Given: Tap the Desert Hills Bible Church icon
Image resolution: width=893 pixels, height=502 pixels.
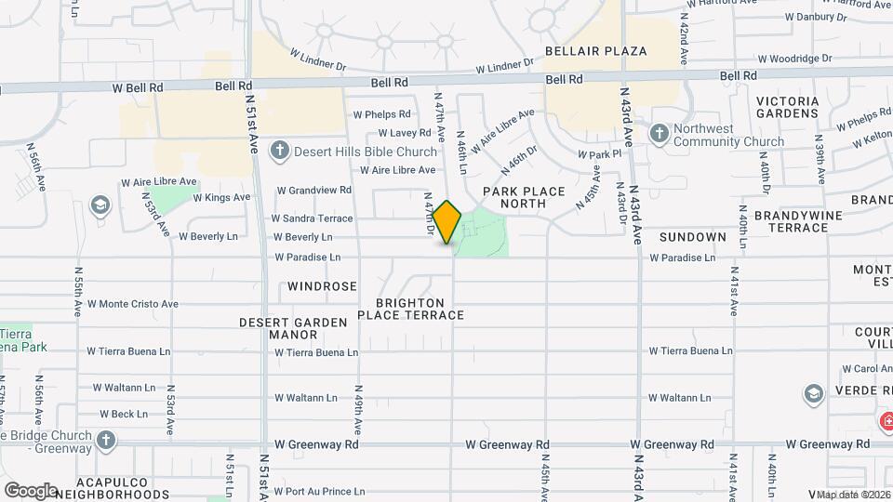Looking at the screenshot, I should point(279,150).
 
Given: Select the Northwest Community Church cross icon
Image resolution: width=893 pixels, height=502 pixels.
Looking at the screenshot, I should point(660,134).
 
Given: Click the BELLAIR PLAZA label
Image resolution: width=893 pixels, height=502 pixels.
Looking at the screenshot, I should point(596,51).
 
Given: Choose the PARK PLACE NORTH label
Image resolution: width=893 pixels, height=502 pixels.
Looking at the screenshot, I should point(524,197).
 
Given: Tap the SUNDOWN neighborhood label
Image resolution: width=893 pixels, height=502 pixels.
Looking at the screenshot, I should point(693,237).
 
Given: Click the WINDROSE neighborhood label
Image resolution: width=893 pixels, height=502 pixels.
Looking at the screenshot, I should point(322,286).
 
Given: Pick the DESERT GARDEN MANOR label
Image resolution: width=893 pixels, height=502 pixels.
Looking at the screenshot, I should point(293,328).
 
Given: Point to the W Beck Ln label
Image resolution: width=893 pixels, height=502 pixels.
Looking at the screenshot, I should point(123,415).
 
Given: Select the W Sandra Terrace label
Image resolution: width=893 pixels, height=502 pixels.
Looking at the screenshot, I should point(312,218).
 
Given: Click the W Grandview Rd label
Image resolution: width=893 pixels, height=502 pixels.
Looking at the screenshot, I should point(313,190).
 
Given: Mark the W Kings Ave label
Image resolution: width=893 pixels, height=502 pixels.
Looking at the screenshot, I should point(221,197).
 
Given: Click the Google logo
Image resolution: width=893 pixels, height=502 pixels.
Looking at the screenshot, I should point(30,490).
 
